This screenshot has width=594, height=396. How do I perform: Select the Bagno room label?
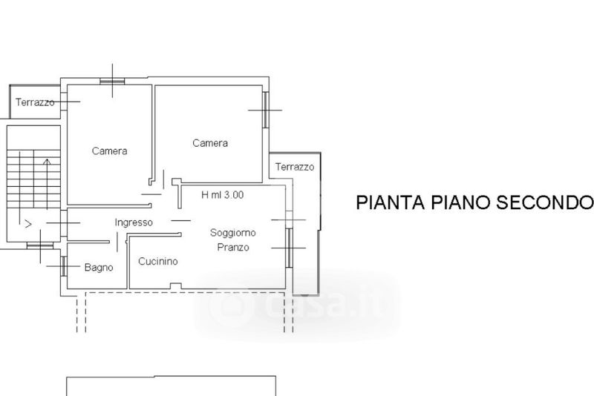[99, 267]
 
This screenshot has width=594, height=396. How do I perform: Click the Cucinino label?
[158, 261]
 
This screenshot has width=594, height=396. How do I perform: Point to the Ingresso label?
[134, 222]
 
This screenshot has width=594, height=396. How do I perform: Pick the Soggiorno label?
[233, 232]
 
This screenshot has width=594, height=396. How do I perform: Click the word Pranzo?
[233, 247]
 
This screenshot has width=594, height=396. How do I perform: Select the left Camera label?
[109, 151]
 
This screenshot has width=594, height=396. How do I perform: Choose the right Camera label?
[210, 143]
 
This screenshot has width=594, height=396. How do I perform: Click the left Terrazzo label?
[35, 102]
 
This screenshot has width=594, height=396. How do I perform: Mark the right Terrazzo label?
[295, 167]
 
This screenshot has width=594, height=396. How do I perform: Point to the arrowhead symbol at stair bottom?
[27, 222]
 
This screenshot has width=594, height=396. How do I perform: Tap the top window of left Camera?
[111, 80]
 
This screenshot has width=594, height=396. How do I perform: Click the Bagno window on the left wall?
[64, 265]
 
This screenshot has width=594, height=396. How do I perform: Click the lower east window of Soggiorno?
[289, 246]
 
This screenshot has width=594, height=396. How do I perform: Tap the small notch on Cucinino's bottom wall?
[174, 286]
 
